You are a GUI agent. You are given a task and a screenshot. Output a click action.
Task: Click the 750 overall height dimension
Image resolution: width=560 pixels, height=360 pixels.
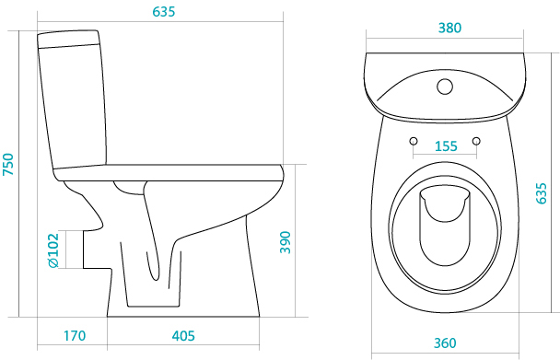point(8,164)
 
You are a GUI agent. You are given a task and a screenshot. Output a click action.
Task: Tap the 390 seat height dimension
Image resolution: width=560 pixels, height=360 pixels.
point(285,242)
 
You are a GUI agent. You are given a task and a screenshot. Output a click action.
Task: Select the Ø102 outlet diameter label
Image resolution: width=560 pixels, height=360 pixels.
point(53,250)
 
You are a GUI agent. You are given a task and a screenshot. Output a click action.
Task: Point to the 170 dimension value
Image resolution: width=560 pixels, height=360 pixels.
point(75,336)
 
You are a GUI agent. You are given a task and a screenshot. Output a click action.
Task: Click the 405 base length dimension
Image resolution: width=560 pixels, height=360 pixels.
point(183,336)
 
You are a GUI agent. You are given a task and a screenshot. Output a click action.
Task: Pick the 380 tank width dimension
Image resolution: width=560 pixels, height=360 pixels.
point(449,28)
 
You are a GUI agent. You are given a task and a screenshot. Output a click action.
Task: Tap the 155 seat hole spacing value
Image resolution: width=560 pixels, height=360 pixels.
point(446,146)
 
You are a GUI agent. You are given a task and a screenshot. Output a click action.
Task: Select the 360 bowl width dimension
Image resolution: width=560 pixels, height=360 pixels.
point(445,343)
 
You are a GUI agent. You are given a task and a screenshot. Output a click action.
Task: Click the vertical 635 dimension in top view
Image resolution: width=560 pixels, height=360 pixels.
point(542,193)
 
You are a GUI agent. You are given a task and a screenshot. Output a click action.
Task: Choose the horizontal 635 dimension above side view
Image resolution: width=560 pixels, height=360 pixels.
point(164,11)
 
